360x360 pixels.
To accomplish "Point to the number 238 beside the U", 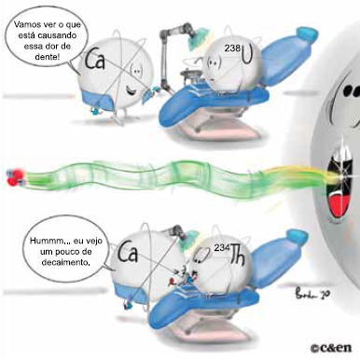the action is click(x=233, y=48).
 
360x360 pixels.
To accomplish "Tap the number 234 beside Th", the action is click(x=222, y=247).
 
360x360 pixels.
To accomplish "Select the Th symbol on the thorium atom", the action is click(x=238, y=256).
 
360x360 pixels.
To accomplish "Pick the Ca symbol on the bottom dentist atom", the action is click(x=127, y=252).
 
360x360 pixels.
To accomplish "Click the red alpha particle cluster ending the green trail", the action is click(x=15, y=177).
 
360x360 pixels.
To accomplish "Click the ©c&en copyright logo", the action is click(x=331, y=348).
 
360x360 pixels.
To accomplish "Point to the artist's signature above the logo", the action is click(x=310, y=293).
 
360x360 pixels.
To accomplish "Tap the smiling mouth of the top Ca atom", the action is click(x=131, y=90).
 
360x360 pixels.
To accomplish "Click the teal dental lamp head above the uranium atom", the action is click(x=198, y=37).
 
